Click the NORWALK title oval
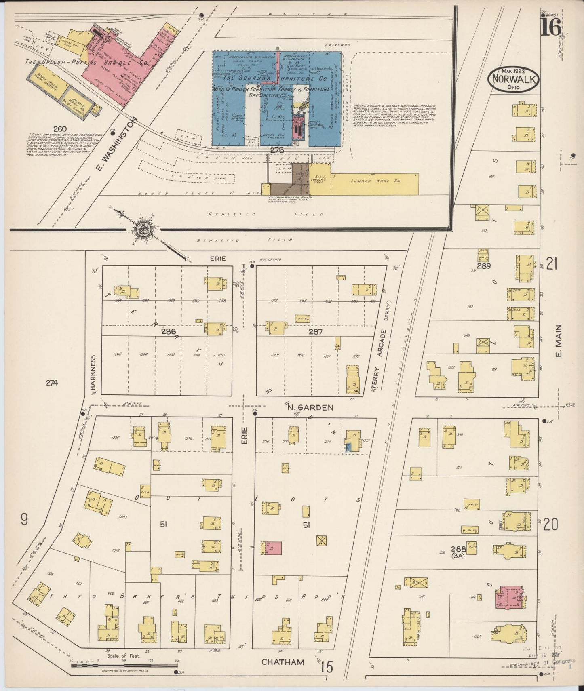514,78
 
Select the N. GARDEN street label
310,408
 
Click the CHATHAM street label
283,662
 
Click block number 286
168,332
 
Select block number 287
315,332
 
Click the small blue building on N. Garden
348,447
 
